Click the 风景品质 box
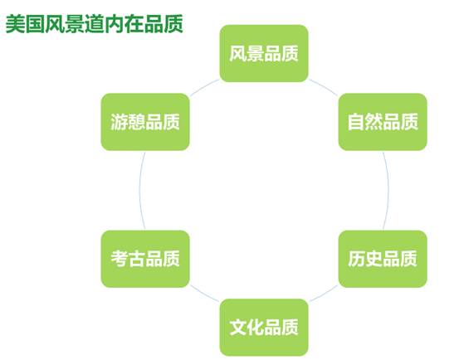click(264, 54)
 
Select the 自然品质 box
click(383, 122)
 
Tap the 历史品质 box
click(383, 259)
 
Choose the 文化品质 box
click(264, 328)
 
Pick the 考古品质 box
click(145, 259)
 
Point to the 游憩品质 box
click(145, 122)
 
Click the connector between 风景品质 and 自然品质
click(324, 86)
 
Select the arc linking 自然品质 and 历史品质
click(388, 191)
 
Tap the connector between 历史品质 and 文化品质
click(324, 294)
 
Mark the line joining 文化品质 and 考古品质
click(204, 294)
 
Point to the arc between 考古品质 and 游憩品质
click(139, 191)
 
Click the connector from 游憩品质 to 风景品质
click(204, 86)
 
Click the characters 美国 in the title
click(25, 24)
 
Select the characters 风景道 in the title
click(75, 24)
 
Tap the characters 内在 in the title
click(125, 24)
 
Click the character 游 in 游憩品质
click(119, 122)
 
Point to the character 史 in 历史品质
click(374, 259)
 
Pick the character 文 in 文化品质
click(238, 328)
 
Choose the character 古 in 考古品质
click(136, 259)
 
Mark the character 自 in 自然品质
click(356, 122)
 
